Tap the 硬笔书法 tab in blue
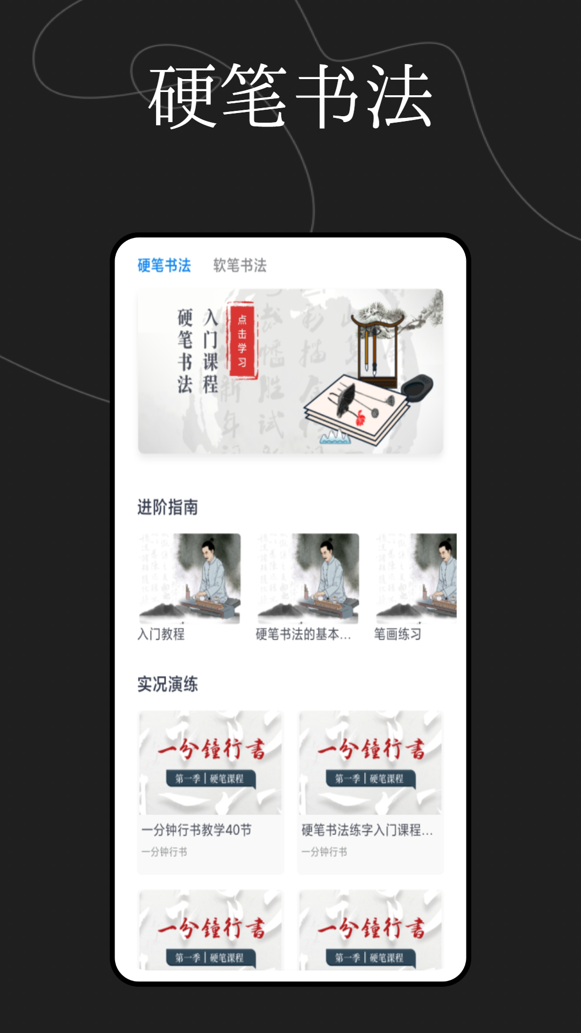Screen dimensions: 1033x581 coord(164,265)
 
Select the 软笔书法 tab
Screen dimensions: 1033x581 coord(240,265)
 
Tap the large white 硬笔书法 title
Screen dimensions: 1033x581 coord(290,96)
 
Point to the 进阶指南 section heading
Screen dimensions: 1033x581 coord(167,507)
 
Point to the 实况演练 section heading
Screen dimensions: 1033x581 coord(167,684)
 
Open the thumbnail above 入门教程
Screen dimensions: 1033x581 coord(189,578)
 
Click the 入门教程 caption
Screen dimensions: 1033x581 coord(161,634)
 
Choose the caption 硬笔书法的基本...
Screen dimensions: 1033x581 coord(303,634)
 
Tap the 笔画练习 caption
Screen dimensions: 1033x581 coord(398,634)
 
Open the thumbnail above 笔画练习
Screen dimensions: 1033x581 coord(416,578)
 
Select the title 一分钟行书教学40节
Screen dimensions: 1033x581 coord(196,830)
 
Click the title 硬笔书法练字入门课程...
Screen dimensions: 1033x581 coord(367,830)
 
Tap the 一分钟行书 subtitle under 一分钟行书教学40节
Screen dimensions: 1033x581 coord(164,852)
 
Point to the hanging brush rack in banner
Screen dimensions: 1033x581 coord(377,350)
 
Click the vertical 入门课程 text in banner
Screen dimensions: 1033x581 coord(210,351)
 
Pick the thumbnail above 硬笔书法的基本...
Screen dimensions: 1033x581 coord(308,578)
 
